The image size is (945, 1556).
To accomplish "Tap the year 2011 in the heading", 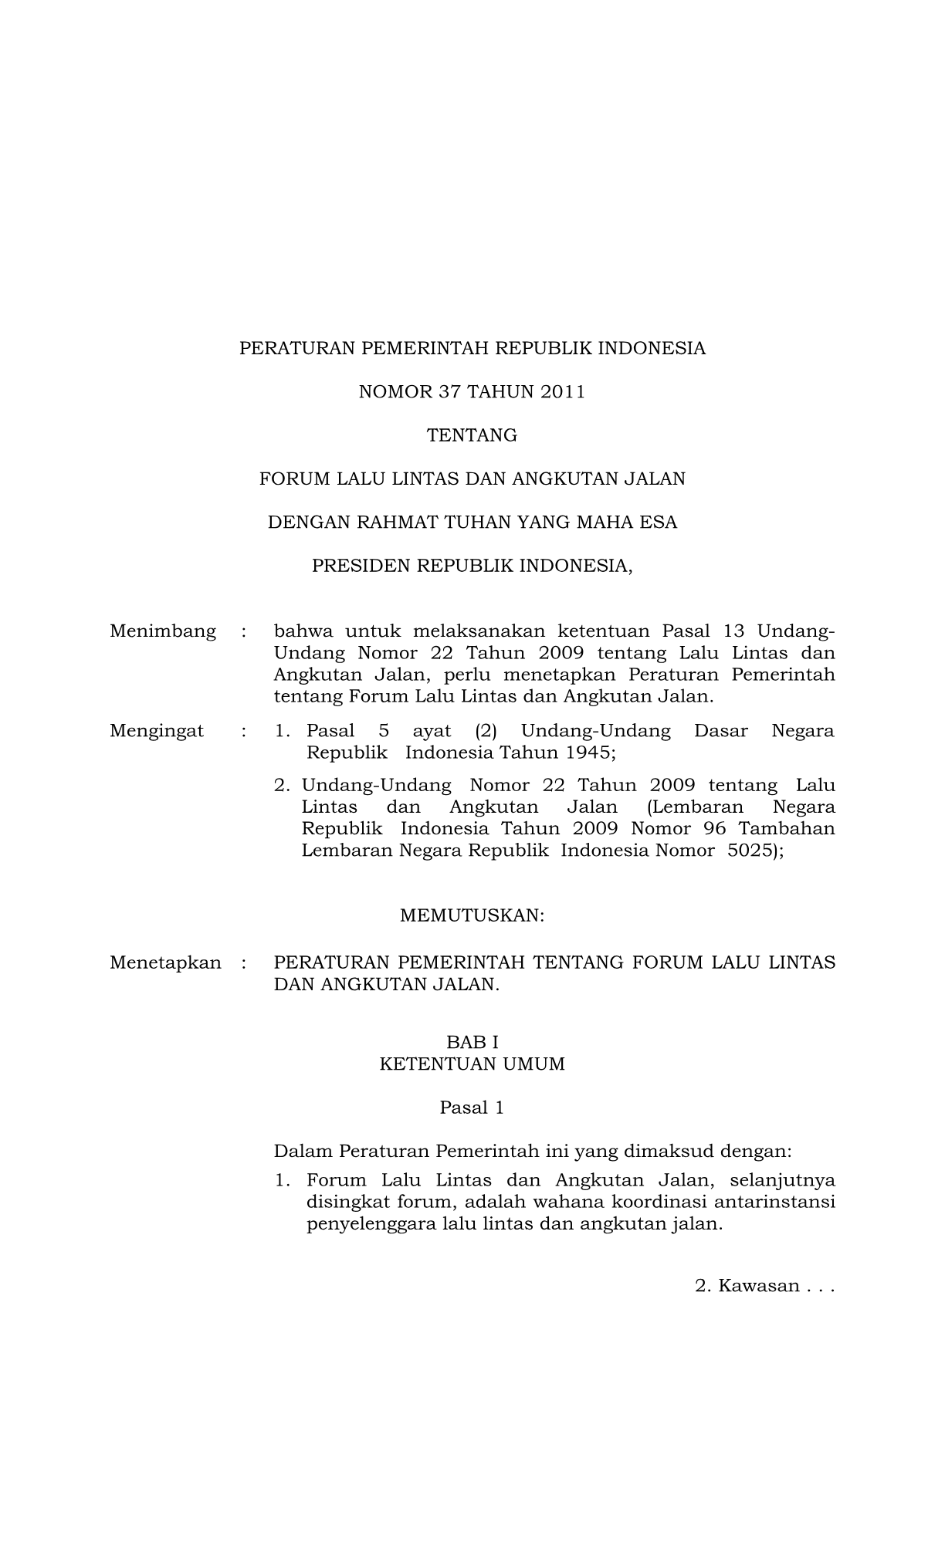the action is tap(563, 392).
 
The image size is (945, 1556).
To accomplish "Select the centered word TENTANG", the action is tap(472, 435).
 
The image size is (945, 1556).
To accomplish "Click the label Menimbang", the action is tap(163, 631).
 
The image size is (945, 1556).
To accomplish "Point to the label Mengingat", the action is tap(157, 730).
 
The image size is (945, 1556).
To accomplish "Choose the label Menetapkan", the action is tap(165, 962).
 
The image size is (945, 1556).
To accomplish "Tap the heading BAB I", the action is tap(472, 1043).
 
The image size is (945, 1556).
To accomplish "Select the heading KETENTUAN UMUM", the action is tap(472, 1064).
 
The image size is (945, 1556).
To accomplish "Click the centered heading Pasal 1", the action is tap(472, 1108).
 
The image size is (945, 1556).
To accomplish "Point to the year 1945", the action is tap(586, 752).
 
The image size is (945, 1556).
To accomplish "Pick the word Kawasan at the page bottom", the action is tap(758, 1286).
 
